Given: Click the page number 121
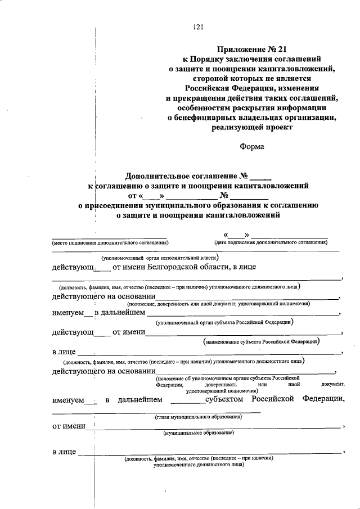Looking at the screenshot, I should pyautogui.click(x=197, y=27).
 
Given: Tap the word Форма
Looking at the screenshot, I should pyautogui.click(x=253, y=147).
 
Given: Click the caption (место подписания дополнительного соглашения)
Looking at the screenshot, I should pyautogui.click(x=110, y=243).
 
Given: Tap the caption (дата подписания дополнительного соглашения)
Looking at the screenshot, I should pyautogui.click(x=271, y=243).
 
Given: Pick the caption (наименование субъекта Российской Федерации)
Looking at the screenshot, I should pyautogui.click(x=262, y=341).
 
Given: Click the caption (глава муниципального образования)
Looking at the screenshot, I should pyautogui.click(x=199, y=417).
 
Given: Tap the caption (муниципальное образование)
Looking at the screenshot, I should pyautogui.click(x=199, y=434).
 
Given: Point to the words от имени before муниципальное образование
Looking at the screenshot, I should pyautogui.click(x=69, y=426).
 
